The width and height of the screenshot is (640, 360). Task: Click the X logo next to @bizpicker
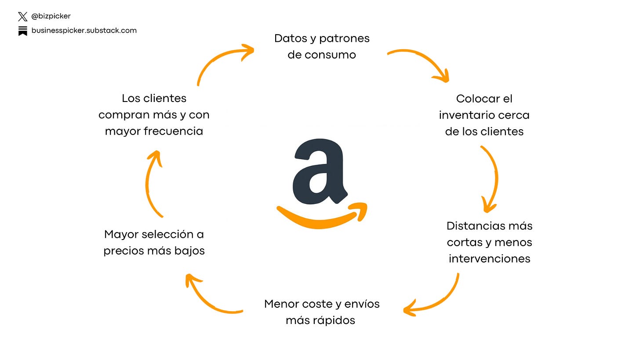[23, 17]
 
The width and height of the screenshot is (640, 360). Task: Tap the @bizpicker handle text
[51, 16]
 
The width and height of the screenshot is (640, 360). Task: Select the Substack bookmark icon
[23, 31]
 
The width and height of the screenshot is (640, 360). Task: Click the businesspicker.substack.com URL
[84, 31]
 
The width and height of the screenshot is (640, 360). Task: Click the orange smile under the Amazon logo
[321, 217]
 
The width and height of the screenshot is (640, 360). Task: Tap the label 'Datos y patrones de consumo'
[322, 47]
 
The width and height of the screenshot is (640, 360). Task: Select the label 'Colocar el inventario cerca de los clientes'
[484, 115]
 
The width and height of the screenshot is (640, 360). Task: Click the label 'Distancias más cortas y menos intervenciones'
[489, 242]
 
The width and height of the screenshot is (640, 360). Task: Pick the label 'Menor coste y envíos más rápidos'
[321, 312]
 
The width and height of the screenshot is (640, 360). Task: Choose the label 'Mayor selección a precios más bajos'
[154, 242]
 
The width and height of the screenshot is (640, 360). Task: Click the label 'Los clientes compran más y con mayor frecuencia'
[154, 115]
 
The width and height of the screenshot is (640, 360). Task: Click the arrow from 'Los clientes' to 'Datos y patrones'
[220, 59]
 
